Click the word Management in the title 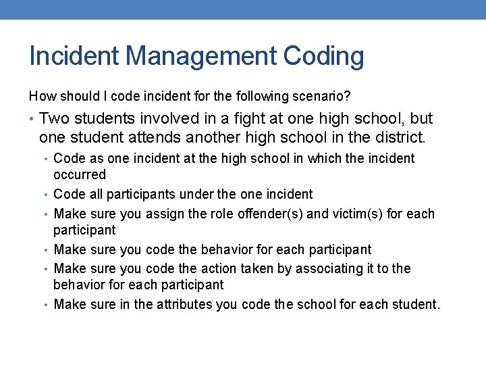(196, 56)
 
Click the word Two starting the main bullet (53, 119)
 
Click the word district (399, 139)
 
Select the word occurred (80, 174)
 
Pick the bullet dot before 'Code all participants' (48, 195)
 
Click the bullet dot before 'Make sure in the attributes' (48, 305)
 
